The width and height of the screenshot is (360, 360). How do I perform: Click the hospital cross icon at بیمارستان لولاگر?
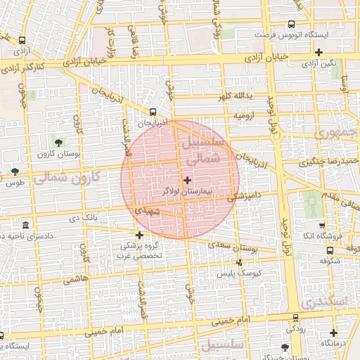[x=186, y=181]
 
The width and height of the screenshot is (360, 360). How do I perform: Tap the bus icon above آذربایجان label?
[x=153, y=112]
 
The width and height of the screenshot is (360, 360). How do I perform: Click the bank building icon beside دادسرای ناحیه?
[x=26, y=225]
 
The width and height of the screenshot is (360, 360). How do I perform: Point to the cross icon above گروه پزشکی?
[x=139, y=236]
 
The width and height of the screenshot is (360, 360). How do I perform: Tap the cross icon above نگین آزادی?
[x=320, y=52]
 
